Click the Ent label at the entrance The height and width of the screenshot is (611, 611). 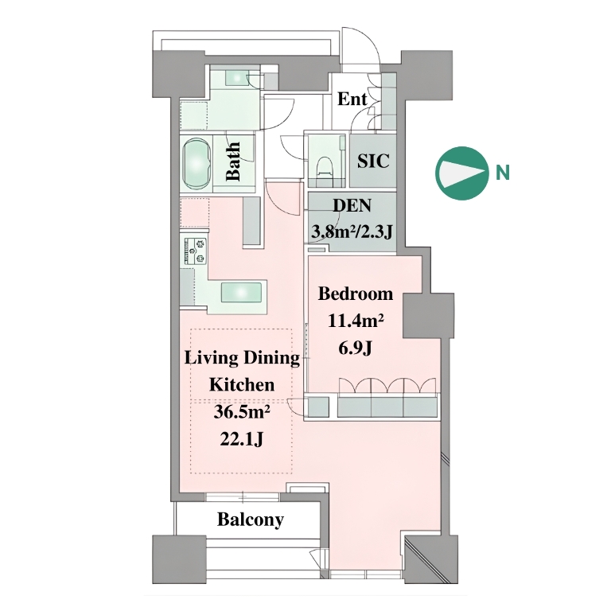click(x=352, y=99)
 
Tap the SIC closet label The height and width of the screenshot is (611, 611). click(x=373, y=161)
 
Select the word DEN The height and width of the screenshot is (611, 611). click(x=352, y=205)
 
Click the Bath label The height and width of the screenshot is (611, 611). click(x=233, y=162)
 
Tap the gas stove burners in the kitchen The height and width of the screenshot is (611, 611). click(x=196, y=251)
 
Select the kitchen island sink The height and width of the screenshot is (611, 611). click(x=242, y=293)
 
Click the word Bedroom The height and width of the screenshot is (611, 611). click(x=356, y=294)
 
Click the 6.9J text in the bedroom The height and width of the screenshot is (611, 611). click(x=355, y=348)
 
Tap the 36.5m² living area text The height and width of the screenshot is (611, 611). click(x=242, y=412)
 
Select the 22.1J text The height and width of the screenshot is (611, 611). click(x=242, y=439)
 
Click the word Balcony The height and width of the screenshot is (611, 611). click(x=251, y=520)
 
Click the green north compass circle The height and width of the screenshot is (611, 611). click(x=462, y=173)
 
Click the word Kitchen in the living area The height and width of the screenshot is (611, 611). click(x=242, y=384)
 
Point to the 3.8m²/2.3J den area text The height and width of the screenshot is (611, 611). click(x=352, y=232)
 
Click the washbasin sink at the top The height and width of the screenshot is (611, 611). click(x=236, y=77)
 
